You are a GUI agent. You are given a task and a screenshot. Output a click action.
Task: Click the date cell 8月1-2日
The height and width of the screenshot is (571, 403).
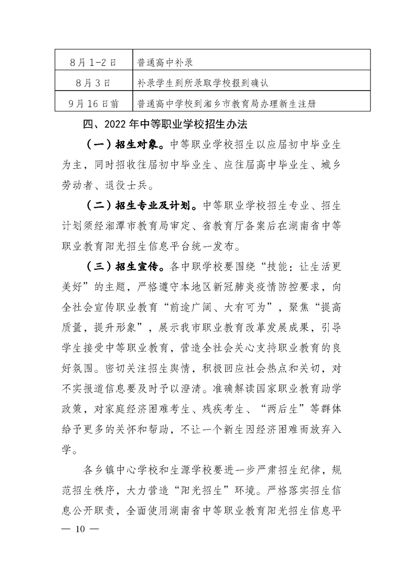pyautogui.click(x=93, y=63)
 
